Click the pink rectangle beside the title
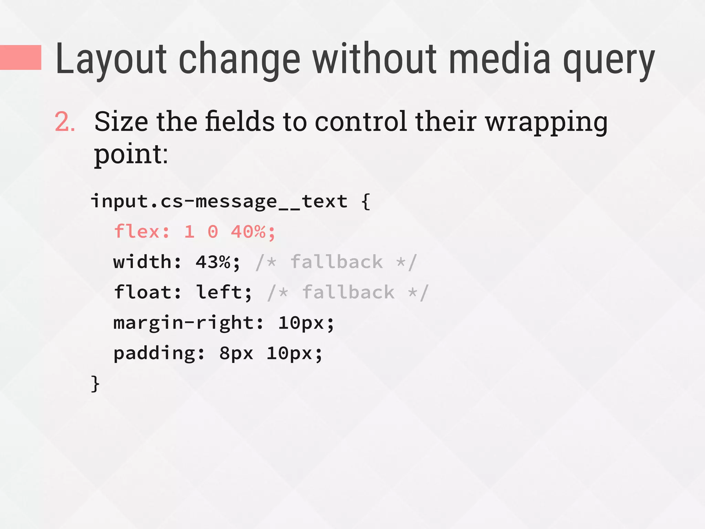click(x=21, y=58)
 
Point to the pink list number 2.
click(x=65, y=122)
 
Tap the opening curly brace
click(x=366, y=202)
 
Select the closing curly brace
click(x=95, y=384)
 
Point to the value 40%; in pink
click(x=253, y=232)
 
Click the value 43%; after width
click(x=218, y=262)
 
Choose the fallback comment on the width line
click(x=336, y=262)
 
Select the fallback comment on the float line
click(x=348, y=292)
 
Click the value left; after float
click(x=224, y=292)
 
